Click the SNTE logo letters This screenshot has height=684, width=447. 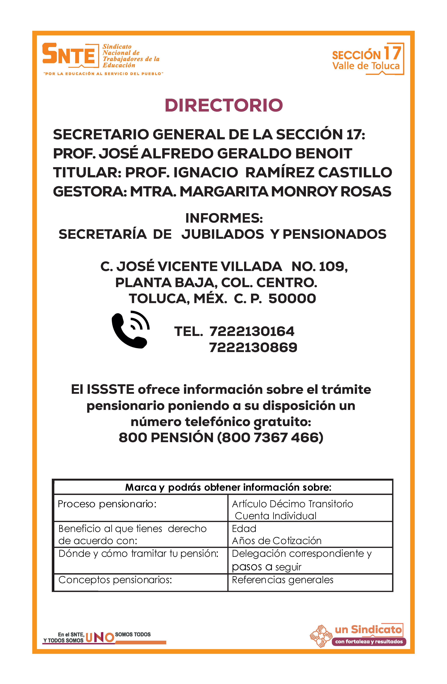click(x=69, y=54)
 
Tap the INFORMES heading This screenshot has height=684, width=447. click(x=224, y=218)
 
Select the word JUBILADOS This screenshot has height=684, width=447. click(x=222, y=234)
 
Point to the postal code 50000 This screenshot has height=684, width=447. click(x=292, y=299)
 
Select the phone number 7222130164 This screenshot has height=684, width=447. click(x=252, y=331)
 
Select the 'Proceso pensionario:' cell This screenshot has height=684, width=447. click(x=107, y=504)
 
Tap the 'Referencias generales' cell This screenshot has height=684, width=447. click(x=282, y=580)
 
